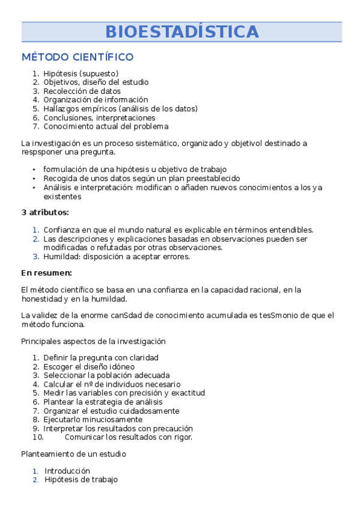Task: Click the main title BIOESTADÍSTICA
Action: pyautogui.click(x=182, y=32)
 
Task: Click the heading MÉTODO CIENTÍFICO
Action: pyautogui.click(x=77, y=58)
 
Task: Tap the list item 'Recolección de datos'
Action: pyautogui.click(x=82, y=91)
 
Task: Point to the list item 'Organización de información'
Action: pyautogui.click(x=95, y=100)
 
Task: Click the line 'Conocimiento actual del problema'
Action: pyautogui.click(x=106, y=126)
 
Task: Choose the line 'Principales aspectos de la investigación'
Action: pyautogui.click(x=93, y=341)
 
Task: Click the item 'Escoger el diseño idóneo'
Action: pyautogui.click(x=89, y=366)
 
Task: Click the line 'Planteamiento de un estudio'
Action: pyautogui.click(x=73, y=453)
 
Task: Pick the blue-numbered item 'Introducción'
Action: pyautogui.click(x=67, y=471)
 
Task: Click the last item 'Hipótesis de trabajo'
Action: pyautogui.click(x=81, y=479)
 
